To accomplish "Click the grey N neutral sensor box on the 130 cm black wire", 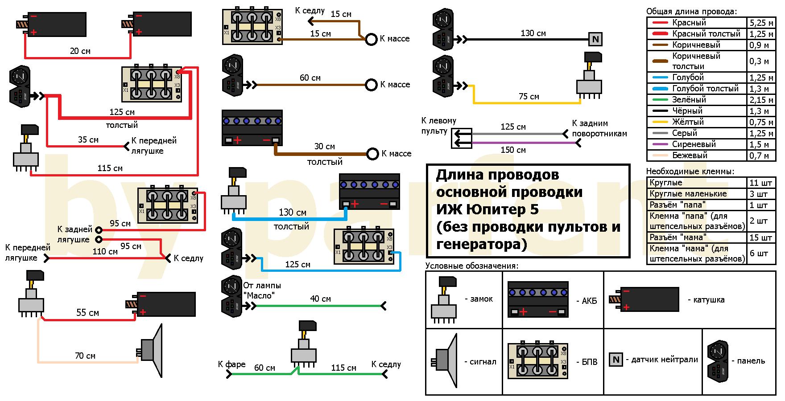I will [x=595, y=40].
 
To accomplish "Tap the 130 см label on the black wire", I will [x=533, y=33].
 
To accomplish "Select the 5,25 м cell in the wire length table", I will [x=761, y=23].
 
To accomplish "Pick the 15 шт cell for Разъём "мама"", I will [x=761, y=237].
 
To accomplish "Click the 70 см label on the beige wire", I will [x=85, y=356].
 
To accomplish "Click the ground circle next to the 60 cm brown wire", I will [x=371, y=85].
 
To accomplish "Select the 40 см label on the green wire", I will [x=320, y=299].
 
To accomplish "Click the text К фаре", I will [x=231, y=364].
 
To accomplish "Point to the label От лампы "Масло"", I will [x=262, y=290].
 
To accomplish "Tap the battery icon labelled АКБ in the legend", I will [x=537, y=299].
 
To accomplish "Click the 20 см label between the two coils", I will [x=80, y=51].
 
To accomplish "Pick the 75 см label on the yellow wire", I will [x=529, y=96].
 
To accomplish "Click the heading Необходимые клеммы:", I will [x=690, y=172].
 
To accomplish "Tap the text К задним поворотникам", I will [x=599, y=128].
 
